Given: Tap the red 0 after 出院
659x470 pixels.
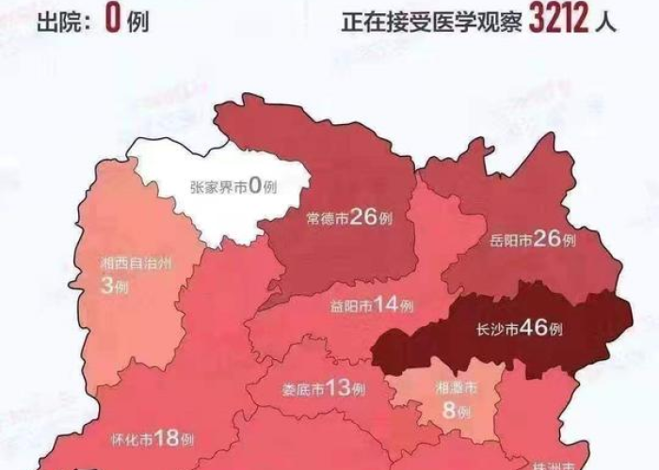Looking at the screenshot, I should pos(111,18).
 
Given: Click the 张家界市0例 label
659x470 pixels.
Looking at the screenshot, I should pos(233,187).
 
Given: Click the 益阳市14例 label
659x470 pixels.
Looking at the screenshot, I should pos(372,305).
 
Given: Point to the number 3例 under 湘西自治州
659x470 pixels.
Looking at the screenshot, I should pos(114,286).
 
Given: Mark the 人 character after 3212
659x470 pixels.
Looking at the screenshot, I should pos(608,20).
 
